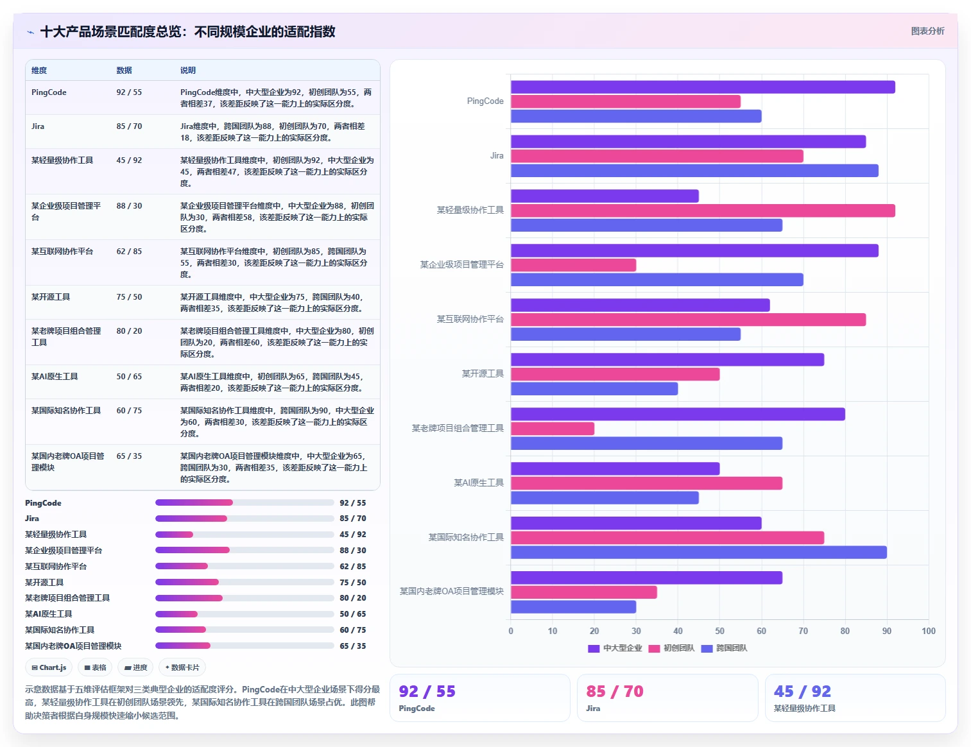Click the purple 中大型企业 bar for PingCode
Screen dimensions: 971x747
click(703, 87)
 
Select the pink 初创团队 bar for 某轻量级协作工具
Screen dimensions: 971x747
click(703, 210)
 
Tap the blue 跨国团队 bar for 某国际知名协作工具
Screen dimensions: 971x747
click(698, 552)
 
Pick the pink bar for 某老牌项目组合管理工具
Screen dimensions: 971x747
click(553, 429)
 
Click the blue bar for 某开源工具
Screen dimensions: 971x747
click(594, 389)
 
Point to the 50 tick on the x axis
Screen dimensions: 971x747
click(719, 631)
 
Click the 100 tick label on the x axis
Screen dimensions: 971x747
click(928, 631)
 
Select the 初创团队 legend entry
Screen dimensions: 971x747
click(671, 648)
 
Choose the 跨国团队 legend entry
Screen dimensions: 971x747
click(724, 648)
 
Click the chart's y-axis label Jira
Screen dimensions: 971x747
click(497, 155)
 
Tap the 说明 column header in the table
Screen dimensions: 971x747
click(187, 70)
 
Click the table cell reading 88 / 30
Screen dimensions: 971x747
click(129, 206)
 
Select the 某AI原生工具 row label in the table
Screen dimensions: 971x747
click(55, 377)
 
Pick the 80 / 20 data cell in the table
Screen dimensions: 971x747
click(129, 331)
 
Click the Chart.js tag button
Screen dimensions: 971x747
click(49, 667)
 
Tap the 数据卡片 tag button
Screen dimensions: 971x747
click(182, 667)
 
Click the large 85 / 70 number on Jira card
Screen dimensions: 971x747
click(614, 691)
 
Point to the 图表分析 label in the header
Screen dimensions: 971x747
click(927, 31)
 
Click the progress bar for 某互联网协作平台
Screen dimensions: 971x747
click(245, 566)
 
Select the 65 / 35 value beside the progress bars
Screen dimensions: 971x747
click(352, 646)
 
